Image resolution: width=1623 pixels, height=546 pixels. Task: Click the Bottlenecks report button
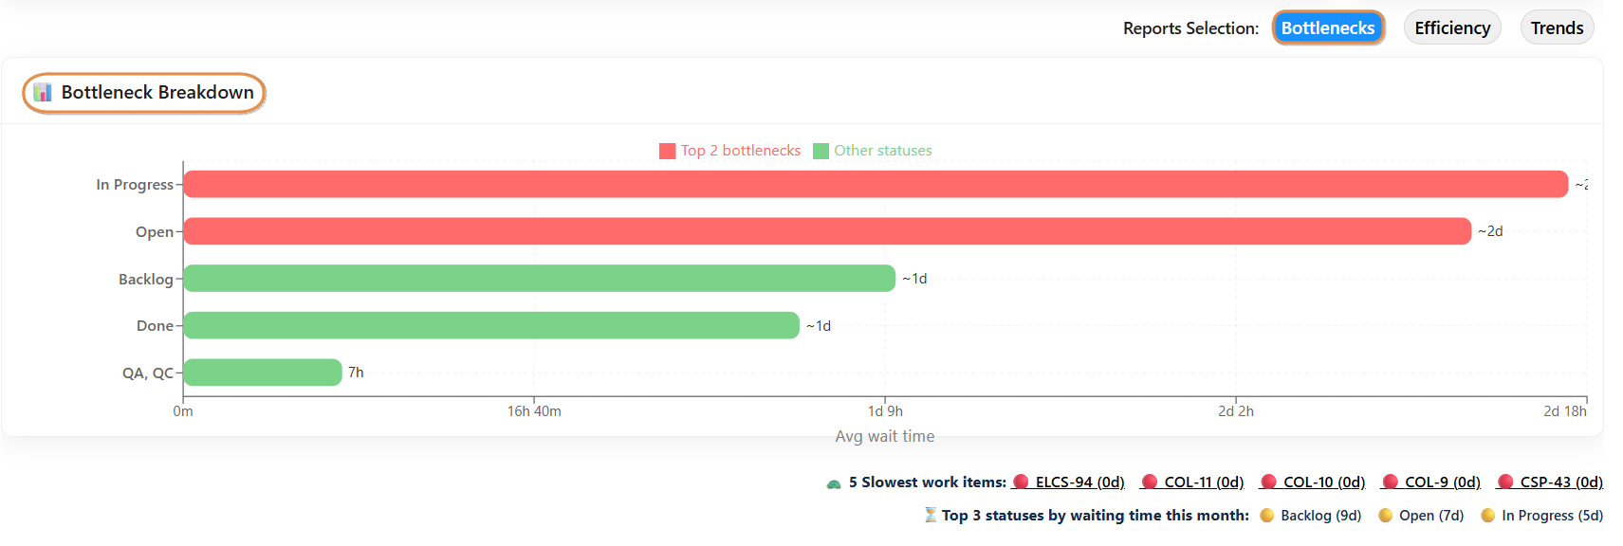tap(1327, 28)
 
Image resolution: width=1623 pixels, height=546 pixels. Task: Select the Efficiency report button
tap(1451, 28)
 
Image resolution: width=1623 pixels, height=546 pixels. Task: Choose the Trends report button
tap(1557, 28)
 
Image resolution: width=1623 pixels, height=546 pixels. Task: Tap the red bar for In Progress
tap(875, 184)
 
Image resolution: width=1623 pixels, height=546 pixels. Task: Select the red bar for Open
tap(826, 231)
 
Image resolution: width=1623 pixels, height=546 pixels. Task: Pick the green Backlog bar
tap(539, 279)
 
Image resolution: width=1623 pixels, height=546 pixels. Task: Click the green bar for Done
tap(490, 325)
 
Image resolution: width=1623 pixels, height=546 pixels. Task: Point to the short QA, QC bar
tap(263, 373)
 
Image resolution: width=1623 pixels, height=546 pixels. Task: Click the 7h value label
tap(356, 373)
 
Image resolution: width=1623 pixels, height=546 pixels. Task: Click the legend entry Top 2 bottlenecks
tap(730, 151)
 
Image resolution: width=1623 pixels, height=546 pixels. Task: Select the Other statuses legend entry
tap(873, 151)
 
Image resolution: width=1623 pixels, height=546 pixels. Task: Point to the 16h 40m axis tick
tap(534, 411)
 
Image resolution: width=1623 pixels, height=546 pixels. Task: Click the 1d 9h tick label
tap(885, 411)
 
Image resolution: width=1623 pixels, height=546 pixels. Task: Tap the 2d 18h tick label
tap(1564, 411)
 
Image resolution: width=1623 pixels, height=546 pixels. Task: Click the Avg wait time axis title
tap(884, 436)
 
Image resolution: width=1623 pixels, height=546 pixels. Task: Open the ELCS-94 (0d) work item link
tap(1079, 482)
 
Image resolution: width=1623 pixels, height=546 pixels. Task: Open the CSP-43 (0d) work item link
tap(1560, 482)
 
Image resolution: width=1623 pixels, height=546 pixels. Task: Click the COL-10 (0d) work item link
tap(1323, 482)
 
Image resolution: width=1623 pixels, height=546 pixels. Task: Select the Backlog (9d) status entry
tap(1319, 516)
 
